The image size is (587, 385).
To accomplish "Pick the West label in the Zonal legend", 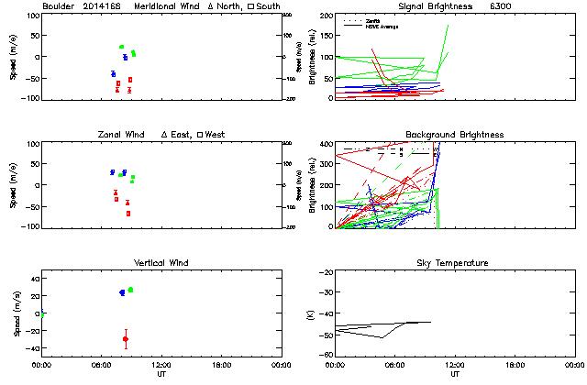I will tap(216, 135).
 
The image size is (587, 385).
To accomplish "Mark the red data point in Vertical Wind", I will tap(125, 339).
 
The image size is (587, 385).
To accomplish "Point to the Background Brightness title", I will tap(455, 135).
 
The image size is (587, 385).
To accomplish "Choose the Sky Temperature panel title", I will tap(455, 263).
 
